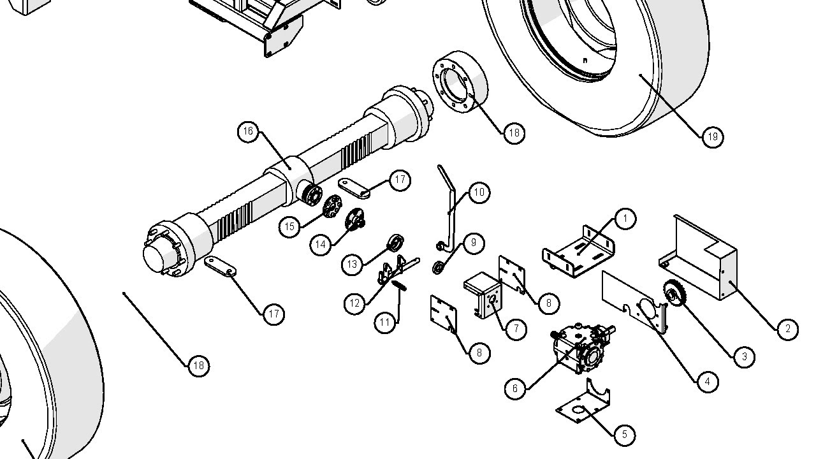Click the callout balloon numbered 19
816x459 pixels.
[x=713, y=136]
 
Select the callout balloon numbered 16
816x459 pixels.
[x=248, y=132]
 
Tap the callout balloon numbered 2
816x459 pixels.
[x=787, y=329]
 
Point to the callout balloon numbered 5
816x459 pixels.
[x=624, y=435]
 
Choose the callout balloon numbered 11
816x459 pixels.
[x=384, y=323]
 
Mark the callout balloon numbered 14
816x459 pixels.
[x=321, y=244]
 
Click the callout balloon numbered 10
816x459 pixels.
[x=479, y=192]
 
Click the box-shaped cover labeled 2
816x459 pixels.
[x=701, y=258]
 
